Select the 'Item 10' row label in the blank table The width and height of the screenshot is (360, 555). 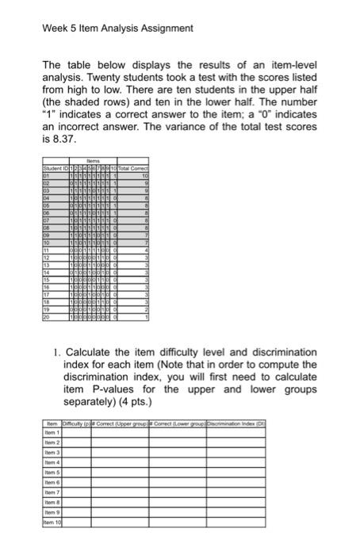pyautogui.click(x=52, y=523)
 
